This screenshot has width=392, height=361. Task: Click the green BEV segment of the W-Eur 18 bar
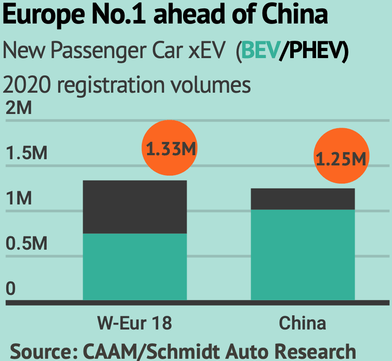click(x=135, y=267)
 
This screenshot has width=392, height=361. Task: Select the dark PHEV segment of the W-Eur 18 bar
click(x=135, y=207)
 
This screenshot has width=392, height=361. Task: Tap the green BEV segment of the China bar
click(x=303, y=255)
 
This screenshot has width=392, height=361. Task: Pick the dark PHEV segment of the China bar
click(x=303, y=199)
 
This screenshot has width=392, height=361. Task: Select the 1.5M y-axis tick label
click(x=26, y=153)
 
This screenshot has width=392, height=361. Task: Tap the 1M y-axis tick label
click(x=19, y=199)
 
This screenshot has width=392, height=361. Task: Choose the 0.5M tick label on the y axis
click(x=26, y=244)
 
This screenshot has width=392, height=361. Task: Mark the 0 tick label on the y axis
click(x=11, y=289)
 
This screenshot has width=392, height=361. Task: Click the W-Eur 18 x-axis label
click(x=135, y=323)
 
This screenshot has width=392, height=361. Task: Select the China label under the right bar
click(x=303, y=323)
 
